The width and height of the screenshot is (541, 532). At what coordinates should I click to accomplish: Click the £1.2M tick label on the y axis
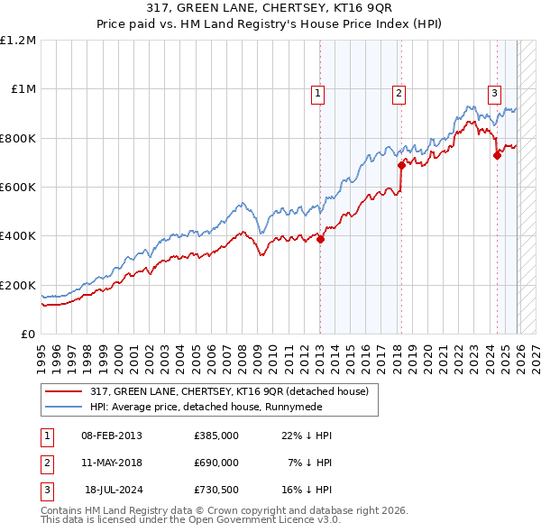(x=18, y=41)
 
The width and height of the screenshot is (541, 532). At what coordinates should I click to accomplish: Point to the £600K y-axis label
(x=18, y=188)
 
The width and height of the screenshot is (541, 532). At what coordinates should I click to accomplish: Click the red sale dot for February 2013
(x=321, y=239)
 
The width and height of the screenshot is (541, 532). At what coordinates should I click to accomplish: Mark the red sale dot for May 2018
(x=401, y=165)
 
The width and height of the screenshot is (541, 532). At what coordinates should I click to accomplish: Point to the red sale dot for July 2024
(x=497, y=155)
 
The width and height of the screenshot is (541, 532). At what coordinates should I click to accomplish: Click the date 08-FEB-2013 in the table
(x=112, y=436)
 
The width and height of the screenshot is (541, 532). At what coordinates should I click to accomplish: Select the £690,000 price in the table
(x=216, y=462)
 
